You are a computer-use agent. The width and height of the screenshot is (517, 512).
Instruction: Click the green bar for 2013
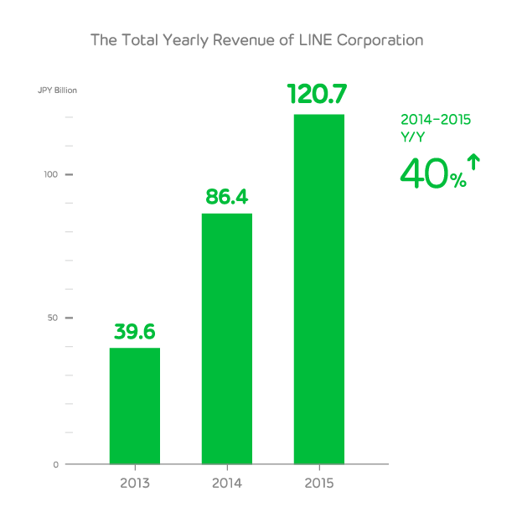[135, 406]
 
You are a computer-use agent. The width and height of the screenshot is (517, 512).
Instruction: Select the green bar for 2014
[227, 339]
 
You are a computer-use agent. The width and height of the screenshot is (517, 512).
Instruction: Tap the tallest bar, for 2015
[319, 289]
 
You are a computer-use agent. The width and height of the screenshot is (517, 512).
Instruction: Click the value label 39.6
[135, 332]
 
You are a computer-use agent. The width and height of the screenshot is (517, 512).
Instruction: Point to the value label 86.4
[227, 198]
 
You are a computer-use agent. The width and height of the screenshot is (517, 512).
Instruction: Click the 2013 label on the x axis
[135, 484]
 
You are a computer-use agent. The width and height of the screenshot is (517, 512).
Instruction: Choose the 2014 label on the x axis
[227, 484]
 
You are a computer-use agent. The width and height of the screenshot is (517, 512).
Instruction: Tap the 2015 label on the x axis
[319, 484]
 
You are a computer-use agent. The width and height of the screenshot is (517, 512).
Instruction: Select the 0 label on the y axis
[55, 464]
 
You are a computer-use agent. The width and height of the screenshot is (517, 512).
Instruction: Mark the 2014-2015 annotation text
[435, 120]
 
